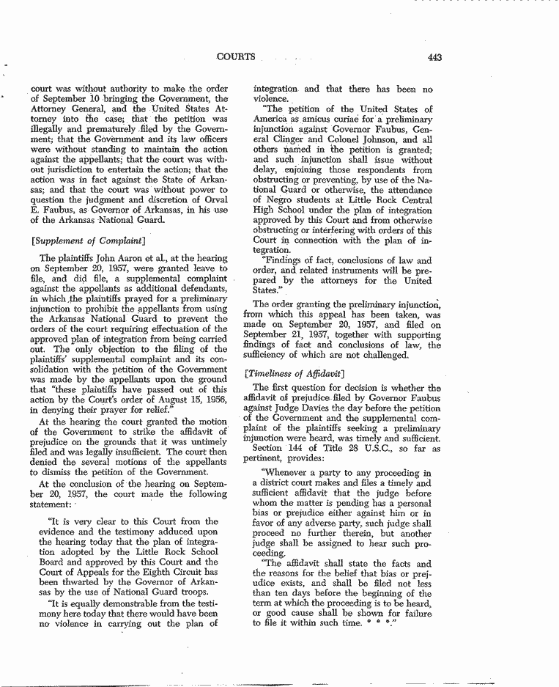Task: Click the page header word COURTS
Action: pos(236,57)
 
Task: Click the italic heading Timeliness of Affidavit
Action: pos(292,373)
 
